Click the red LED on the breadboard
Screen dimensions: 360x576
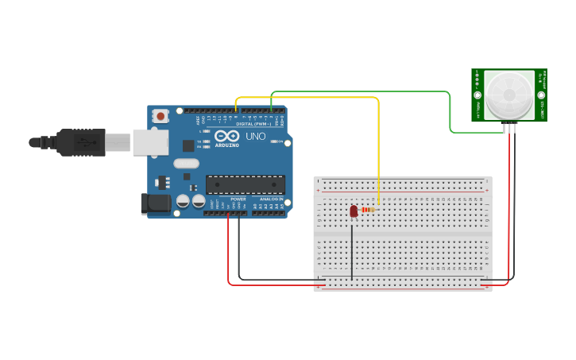pyautogui.click(x=354, y=211)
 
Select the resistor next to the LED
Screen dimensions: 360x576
pyautogui.click(x=369, y=210)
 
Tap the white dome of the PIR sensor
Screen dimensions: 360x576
pyautogui.click(x=508, y=95)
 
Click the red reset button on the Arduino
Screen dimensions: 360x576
pyautogui.click(x=161, y=116)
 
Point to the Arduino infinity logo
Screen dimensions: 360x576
pyautogui.click(x=226, y=137)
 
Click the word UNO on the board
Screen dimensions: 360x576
pyautogui.click(x=256, y=137)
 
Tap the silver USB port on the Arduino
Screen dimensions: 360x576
pyautogui.click(x=149, y=142)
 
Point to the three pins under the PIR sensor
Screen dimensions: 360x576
pyautogui.click(x=509, y=127)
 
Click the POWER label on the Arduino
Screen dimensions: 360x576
pyautogui.click(x=238, y=199)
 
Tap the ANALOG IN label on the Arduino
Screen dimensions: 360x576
pyautogui.click(x=269, y=199)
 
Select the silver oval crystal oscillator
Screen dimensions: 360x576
pyautogui.click(x=185, y=164)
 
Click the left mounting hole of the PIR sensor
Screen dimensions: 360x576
pyautogui.click(x=477, y=95)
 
